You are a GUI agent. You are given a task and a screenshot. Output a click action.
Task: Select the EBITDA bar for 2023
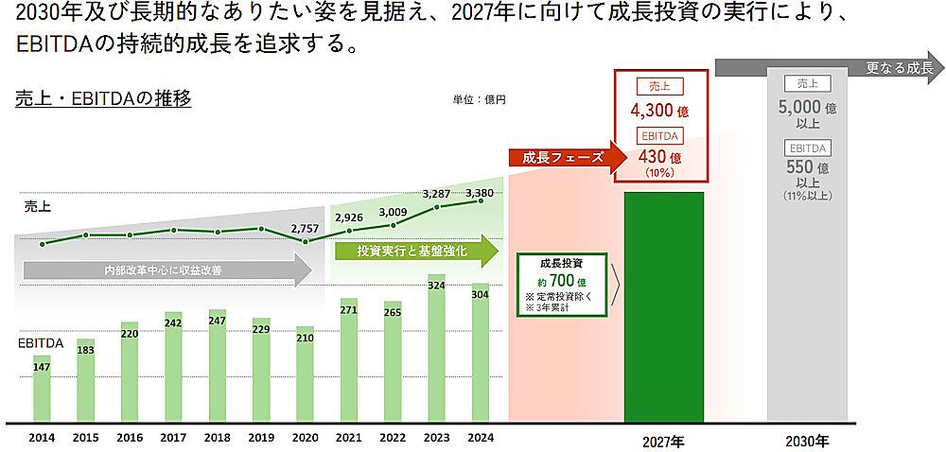(436, 350)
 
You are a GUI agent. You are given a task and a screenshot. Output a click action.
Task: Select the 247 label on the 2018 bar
(217, 322)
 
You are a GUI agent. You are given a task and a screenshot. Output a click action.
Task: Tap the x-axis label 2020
(305, 437)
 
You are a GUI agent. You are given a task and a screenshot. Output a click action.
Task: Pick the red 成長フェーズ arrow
(566, 157)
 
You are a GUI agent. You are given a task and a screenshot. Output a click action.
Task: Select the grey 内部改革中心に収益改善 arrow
(166, 270)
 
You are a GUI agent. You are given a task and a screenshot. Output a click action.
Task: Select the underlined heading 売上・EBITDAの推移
(103, 98)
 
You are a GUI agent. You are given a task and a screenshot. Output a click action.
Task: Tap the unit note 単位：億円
(479, 99)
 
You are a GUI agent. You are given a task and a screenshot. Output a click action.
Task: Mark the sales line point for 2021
(348, 230)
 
